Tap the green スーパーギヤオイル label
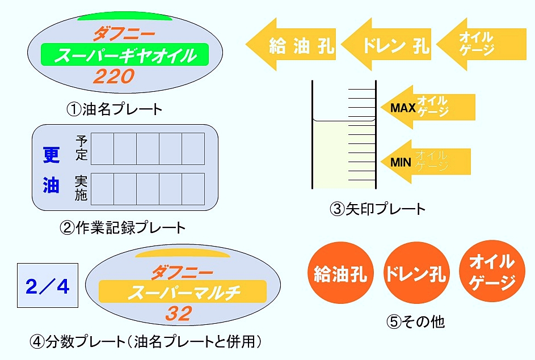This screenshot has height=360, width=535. point(125,56)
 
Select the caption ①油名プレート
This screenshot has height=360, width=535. point(114,109)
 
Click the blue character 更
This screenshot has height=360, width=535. point(51,154)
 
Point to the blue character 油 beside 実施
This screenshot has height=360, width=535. point(51,185)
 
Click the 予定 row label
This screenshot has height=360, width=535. point(81,147)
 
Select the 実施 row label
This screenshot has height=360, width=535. point(81,188)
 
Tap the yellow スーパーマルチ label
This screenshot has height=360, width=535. point(183,293)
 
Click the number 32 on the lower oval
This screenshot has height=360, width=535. point(178,313)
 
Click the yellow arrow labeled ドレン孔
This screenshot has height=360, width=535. point(388,45)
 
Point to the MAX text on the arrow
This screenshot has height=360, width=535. point(403,107)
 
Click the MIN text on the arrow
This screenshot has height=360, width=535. point(402,163)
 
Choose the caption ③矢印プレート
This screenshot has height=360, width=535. point(377,209)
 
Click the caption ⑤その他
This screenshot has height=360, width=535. point(416,322)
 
